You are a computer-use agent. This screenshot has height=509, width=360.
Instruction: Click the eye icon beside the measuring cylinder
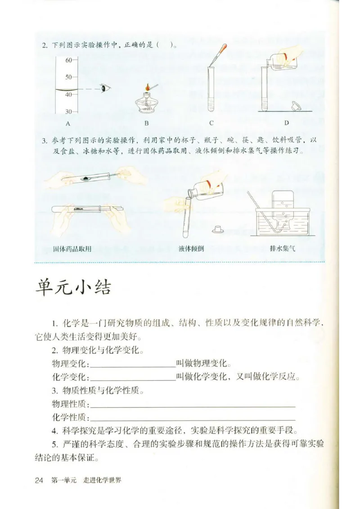106,88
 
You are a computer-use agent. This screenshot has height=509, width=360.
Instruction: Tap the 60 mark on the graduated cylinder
69,60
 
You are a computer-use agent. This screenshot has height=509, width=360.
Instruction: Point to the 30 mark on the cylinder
69,112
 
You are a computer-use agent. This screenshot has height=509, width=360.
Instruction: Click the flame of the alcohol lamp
147,87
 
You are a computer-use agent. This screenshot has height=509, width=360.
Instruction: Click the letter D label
286,123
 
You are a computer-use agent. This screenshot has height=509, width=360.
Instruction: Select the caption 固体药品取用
72,249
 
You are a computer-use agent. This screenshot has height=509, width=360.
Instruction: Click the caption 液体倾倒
191,249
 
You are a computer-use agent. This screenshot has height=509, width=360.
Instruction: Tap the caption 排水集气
282,249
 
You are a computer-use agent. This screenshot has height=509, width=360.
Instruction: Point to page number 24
39,480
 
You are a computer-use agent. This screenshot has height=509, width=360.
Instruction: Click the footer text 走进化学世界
102,480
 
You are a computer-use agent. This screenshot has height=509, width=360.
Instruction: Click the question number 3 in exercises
45,141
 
